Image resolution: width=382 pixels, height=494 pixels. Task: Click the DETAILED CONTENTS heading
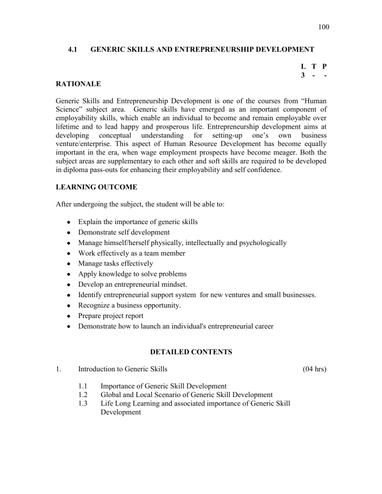[191, 352]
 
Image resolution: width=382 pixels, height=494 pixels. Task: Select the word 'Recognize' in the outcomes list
[94, 306]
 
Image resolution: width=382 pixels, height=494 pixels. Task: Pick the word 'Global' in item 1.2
[111, 394]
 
